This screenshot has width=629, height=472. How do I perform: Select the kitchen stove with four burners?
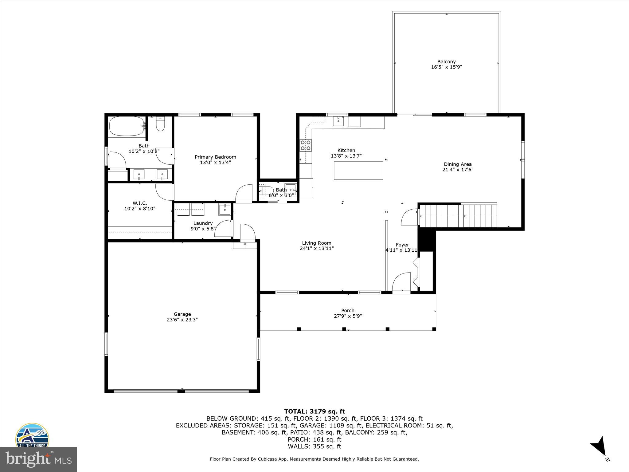pos(306,145)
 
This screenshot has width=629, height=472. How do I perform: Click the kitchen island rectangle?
pos(358,171)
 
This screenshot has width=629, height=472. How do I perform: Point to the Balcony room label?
pos(446,61)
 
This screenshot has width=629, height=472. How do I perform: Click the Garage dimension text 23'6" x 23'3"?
pos(182,320)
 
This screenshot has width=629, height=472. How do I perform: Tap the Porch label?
pos(348,310)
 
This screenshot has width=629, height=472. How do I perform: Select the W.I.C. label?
pos(140,203)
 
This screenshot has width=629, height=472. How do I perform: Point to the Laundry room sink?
pos(225,209)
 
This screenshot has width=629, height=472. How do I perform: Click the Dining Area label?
pos(458,164)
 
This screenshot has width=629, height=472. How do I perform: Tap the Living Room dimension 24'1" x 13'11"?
pos(317,248)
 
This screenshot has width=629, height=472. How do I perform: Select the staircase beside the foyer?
pos(458,216)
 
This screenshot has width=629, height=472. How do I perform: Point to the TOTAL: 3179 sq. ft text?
pos(314,411)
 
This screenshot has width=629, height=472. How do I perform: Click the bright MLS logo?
pos(38,459)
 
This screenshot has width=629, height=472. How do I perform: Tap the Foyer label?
pos(402,245)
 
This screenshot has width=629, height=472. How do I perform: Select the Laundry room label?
pos(203,223)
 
